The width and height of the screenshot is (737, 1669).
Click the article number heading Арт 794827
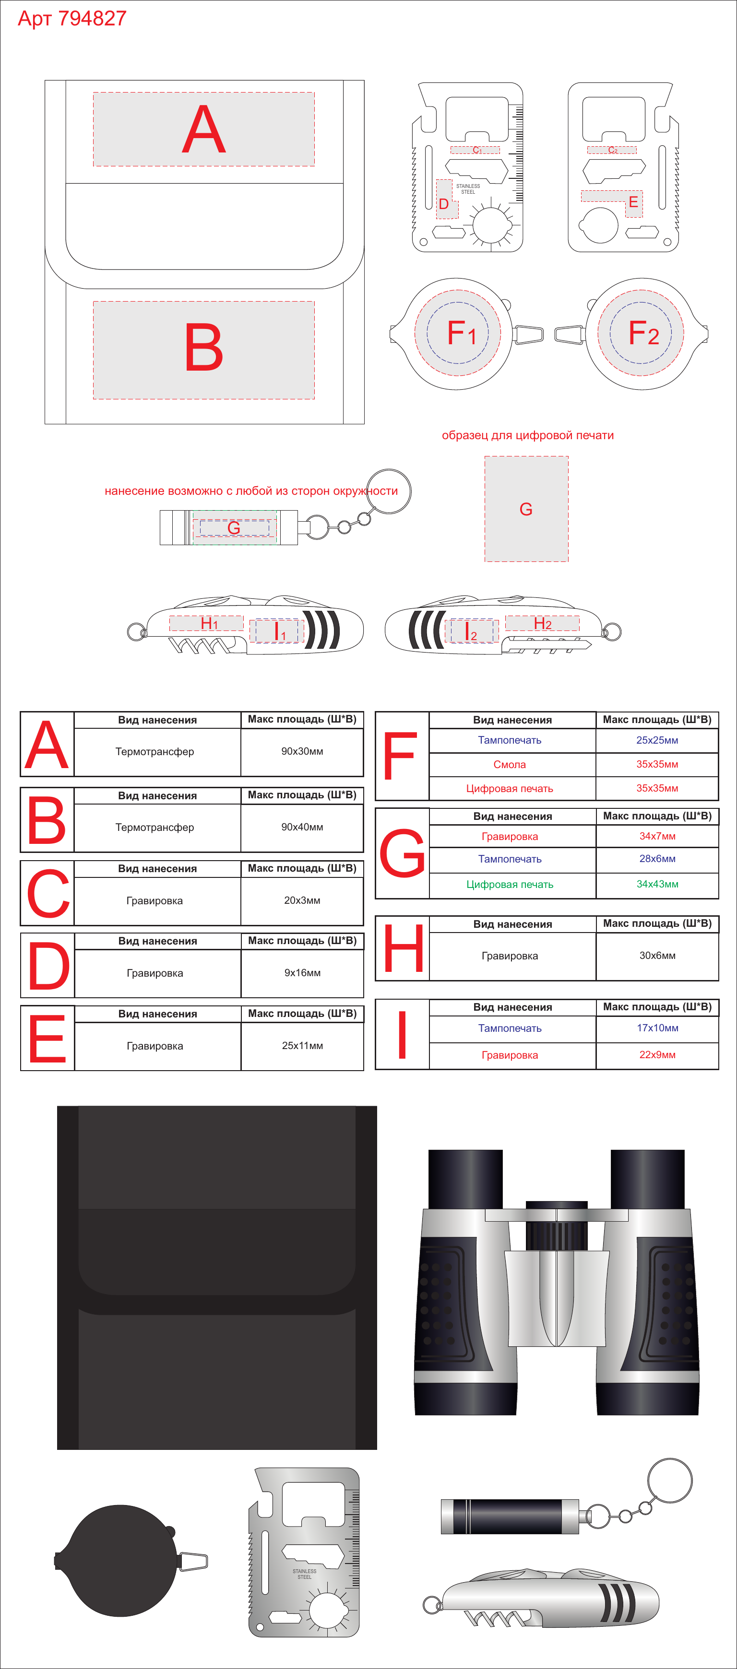coord(72,19)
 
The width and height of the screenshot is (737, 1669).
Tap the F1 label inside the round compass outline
coord(462,334)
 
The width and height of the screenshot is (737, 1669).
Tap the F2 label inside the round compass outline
coord(643,333)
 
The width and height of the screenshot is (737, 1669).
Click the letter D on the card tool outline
coord(443,204)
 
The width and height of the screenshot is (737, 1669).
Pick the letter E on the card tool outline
coord(633,202)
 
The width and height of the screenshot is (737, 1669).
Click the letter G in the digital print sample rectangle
coord(526,509)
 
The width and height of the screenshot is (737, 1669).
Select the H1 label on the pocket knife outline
coord(209,623)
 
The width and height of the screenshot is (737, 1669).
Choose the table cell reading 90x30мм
coord(302,752)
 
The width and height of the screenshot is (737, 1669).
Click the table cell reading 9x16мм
coord(302,973)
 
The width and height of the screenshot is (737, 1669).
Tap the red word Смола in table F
coord(510,765)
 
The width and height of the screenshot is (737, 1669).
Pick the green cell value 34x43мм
coord(657,885)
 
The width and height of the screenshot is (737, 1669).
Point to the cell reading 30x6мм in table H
coord(657,956)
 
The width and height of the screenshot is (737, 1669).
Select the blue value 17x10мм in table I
coord(657,1028)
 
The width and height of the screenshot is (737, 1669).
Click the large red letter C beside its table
coord(48,894)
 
